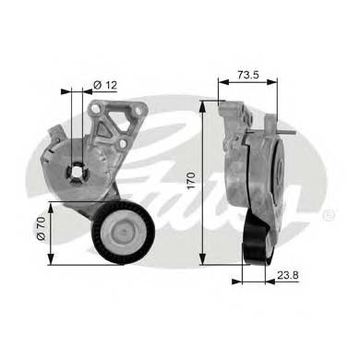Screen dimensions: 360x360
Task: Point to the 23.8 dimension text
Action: [287, 275]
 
